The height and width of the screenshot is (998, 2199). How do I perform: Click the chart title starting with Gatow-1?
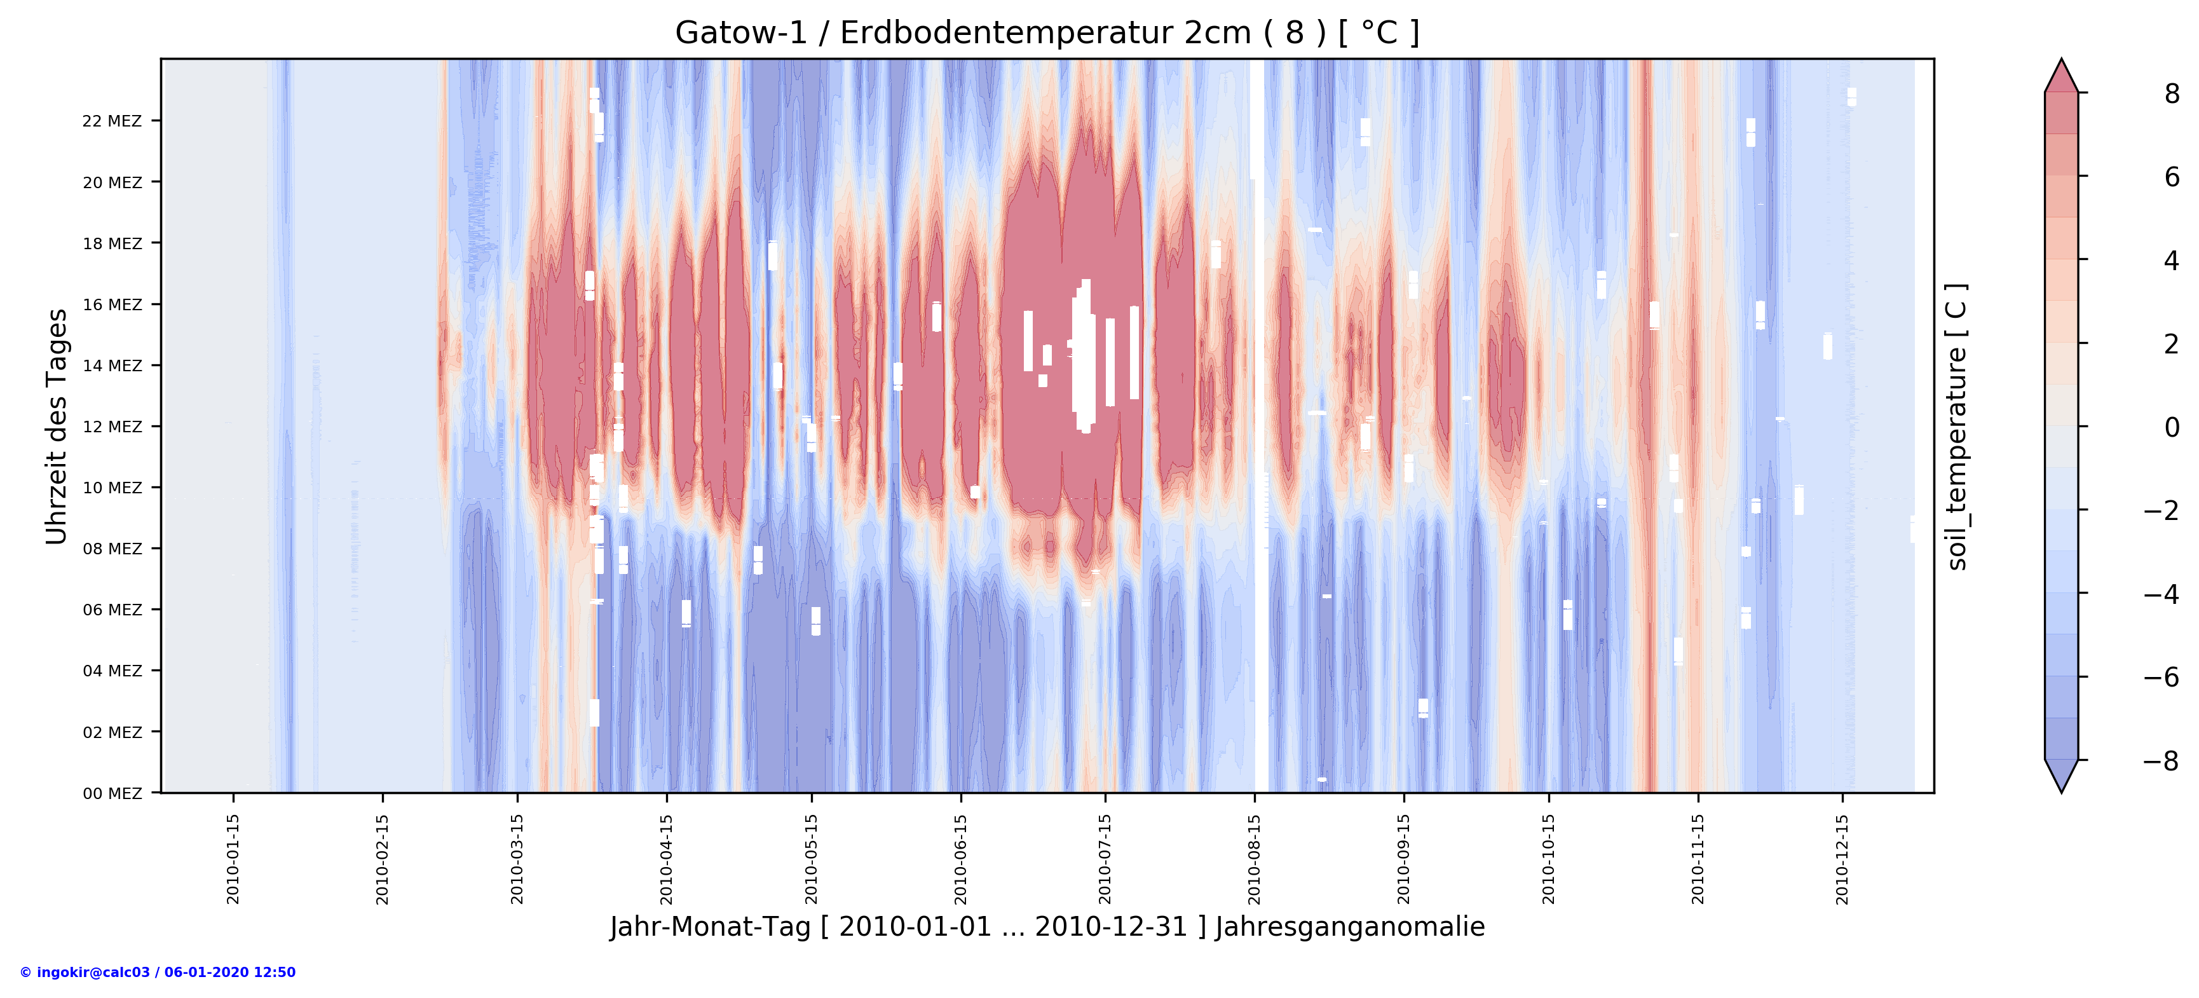pos(1047,32)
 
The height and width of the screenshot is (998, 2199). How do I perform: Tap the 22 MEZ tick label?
pos(112,121)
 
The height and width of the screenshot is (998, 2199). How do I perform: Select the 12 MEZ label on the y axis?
pos(112,427)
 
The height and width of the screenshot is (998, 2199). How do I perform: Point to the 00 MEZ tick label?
pos(112,793)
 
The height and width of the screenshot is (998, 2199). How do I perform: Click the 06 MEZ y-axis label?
pos(112,610)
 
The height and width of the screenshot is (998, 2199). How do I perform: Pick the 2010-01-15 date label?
pos(233,859)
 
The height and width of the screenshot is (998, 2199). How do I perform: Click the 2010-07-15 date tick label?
pos(1105,859)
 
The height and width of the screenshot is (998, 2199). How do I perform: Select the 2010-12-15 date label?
pos(1842,859)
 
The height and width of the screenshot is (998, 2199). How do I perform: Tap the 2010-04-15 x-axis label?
pos(667,859)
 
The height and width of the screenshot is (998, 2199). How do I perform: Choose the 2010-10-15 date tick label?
pos(1549,859)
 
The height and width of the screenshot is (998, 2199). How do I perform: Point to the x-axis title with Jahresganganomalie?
pos(1047,927)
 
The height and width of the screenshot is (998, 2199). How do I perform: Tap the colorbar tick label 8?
pos(2172,94)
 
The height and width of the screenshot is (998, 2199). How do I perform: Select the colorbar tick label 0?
pos(2172,427)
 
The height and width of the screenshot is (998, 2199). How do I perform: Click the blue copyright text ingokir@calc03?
pos(158,973)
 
